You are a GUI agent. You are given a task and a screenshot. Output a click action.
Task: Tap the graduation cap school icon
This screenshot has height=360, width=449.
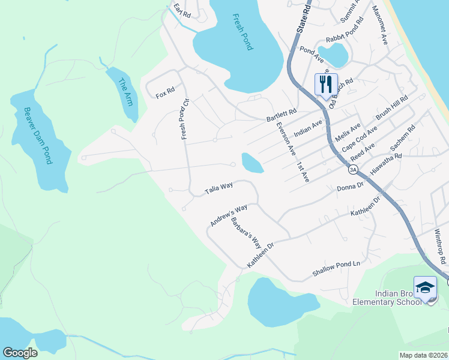pyautogui.click(x=425, y=287)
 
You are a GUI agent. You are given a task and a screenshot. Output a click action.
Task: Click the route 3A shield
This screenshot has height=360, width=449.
pyautogui.click(x=354, y=170)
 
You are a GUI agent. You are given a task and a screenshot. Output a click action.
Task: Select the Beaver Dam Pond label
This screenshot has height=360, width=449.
pyautogui.click(x=37, y=136)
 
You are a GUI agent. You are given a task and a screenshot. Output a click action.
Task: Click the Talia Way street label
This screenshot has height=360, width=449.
pyautogui.click(x=218, y=188)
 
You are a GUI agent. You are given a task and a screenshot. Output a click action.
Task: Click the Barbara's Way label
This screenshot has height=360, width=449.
pyautogui.click(x=247, y=233)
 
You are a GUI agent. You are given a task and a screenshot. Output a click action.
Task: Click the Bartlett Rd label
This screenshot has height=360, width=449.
pyautogui.click(x=282, y=115)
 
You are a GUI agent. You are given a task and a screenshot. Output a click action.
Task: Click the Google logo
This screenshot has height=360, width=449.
pyautogui.click(x=20, y=353)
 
